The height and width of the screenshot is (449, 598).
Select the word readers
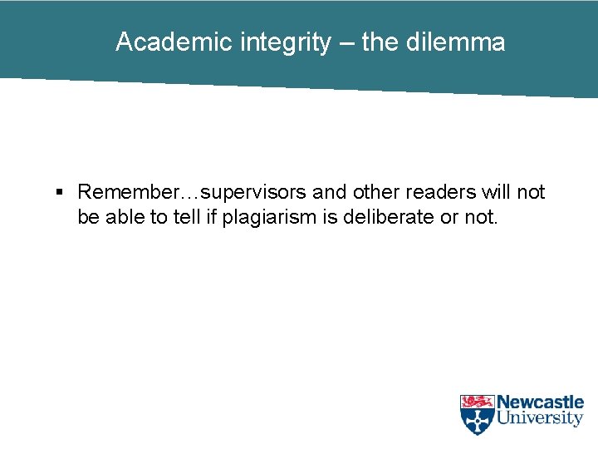point(441,192)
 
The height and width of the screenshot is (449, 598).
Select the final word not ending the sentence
point(483,217)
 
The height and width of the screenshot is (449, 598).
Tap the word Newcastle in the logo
point(540,402)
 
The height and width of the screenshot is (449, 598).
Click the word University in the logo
point(540,419)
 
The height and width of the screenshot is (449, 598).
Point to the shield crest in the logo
point(477,414)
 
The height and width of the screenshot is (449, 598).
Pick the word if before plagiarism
point(211,217)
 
